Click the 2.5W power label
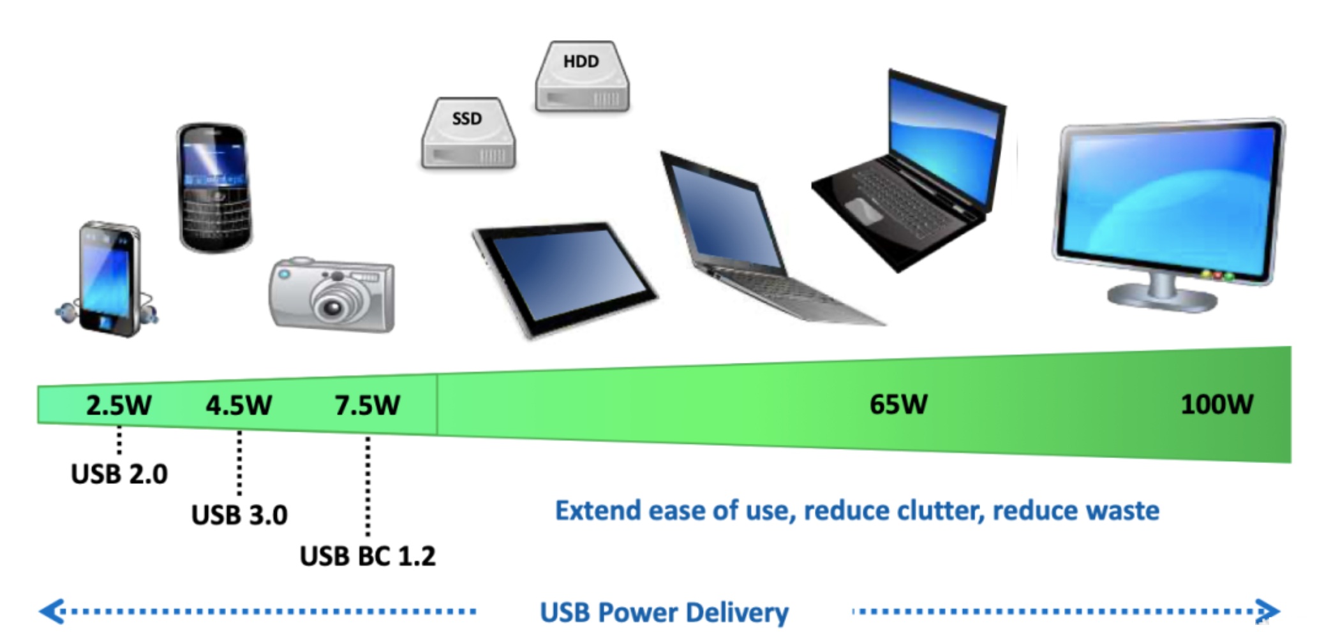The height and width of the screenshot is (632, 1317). (119, 406)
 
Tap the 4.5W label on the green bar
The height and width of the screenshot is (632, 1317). (239, 406)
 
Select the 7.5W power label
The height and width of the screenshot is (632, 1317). (368, 406)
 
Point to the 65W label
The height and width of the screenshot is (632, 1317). (898, 404)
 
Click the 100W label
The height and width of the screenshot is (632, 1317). (1217, 404)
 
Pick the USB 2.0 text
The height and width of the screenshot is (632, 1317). (119, 474)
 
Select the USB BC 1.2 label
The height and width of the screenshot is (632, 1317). (368, 556)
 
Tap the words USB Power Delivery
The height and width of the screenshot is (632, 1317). (664, 612)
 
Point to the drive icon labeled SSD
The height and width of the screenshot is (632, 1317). (468, 134)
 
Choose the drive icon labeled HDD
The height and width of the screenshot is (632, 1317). (582, 77)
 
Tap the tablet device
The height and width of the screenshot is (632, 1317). (565, 277)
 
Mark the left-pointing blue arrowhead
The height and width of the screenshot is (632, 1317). (51, 611)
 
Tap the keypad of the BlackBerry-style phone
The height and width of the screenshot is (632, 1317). (214, 214)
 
